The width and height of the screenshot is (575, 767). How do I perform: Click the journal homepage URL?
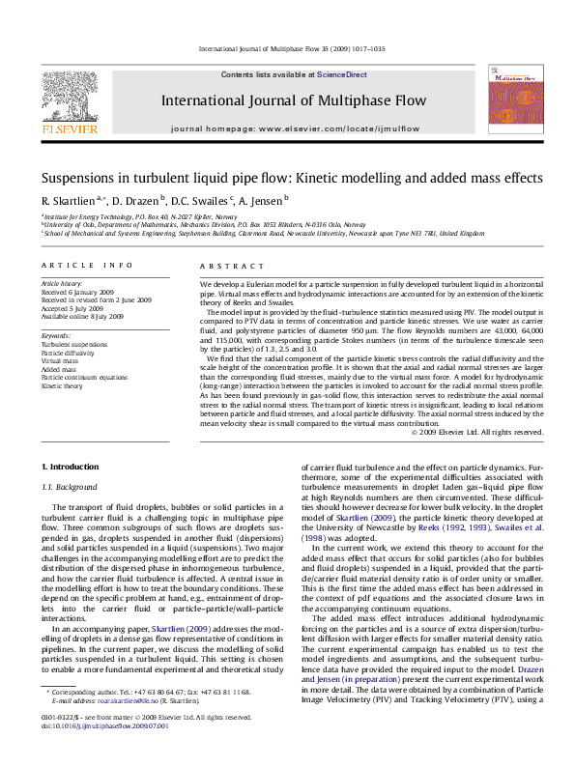click(x=348, y=128)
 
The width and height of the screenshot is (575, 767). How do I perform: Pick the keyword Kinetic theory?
click(x=61, y=384)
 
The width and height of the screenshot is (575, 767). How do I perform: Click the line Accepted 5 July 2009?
click(x=75, y=308)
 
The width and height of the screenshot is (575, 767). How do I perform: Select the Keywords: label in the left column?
click(x=56, y=335)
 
